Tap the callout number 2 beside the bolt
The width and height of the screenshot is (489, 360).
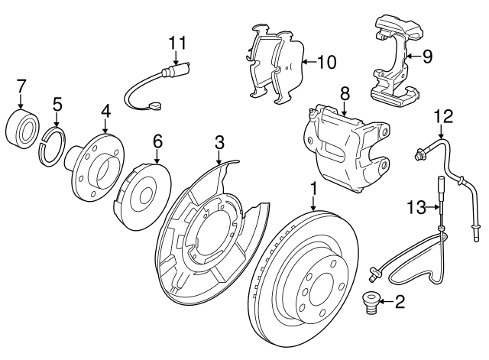[400, 303]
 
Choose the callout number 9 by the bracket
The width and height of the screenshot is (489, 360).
[428, 55]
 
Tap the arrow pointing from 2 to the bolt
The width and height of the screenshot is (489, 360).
[385, 303]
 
